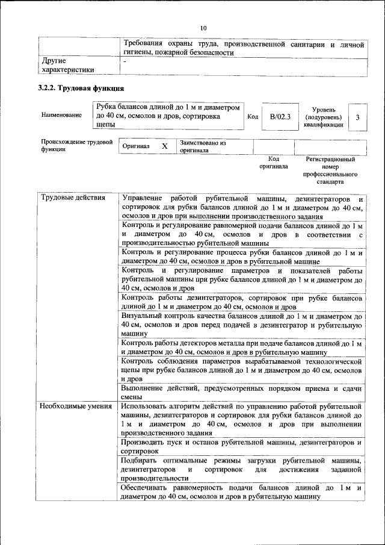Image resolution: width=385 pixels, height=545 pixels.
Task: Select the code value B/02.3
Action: point(280,117)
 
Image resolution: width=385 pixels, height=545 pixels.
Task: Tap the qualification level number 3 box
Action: point(357,117)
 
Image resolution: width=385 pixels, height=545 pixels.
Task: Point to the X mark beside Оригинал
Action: point(164,146)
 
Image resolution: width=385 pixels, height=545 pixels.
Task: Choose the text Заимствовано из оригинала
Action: point(202,147)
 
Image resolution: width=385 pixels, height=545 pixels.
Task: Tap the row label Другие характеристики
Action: point(67,65)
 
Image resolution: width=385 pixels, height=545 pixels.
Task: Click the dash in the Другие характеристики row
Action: point(125,61)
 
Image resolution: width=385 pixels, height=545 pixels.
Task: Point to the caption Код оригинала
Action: point(274,163)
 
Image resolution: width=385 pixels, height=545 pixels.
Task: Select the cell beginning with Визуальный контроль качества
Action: point(241,324)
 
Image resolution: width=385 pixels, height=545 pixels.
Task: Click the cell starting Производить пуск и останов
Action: point(241,446)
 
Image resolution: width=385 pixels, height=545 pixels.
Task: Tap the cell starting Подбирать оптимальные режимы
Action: point(241,469)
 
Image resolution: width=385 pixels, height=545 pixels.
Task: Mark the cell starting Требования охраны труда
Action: point(244,48)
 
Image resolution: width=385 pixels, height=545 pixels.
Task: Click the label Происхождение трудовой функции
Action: point(76,145)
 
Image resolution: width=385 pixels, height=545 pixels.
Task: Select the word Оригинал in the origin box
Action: point(136,146)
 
